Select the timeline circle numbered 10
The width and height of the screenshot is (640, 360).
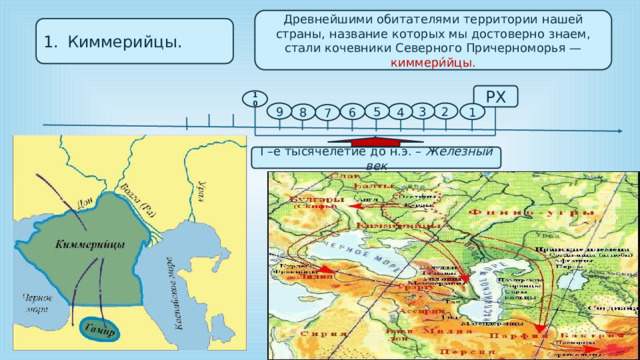click(258, 98)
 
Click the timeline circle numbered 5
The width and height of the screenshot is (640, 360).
click(375, 112)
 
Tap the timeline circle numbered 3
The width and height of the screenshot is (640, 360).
click(423, 112)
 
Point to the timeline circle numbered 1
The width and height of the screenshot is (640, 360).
click(471, 113)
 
